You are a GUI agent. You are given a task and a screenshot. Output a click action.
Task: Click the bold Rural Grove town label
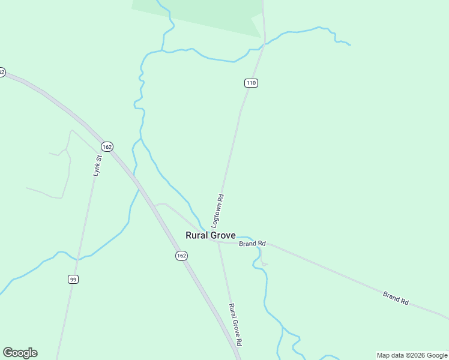[x=210, y=236]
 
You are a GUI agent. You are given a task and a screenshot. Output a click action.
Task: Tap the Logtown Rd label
[x=219, y=209]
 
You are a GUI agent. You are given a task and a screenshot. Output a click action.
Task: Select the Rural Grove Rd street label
[x=235, y=324]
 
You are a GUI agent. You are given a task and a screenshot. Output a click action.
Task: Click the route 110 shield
[x=251, y=83]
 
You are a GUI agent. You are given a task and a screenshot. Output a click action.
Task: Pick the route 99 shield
[x=73, y=279]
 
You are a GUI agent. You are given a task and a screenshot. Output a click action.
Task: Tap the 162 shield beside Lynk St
[x=107, y=146]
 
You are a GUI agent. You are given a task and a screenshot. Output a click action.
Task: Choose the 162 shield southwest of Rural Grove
[x=182, y=256]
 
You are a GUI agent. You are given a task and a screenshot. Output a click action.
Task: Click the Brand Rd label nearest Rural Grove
[x=252, y=244]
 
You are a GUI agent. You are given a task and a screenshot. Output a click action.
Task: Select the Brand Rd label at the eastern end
[x=396, y=298]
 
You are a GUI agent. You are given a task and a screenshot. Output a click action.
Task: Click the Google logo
[x=20, y=352]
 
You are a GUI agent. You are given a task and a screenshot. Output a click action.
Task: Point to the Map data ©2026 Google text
[x=412, y=355]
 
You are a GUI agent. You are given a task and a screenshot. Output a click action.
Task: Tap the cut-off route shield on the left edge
[x=2, y=72]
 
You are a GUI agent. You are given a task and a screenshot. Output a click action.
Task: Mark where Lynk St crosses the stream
[x=77, y=259]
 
